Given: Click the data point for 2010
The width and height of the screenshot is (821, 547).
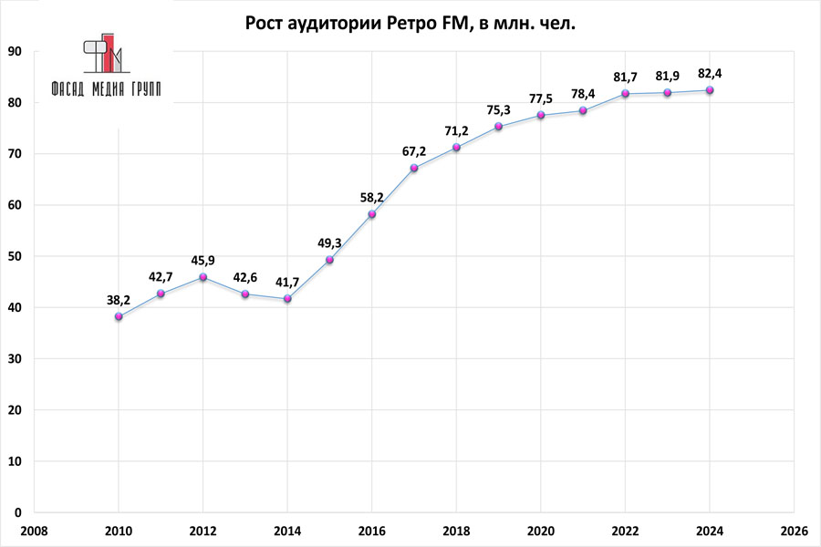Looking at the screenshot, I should click(119, 316).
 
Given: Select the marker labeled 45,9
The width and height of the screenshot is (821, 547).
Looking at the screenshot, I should click(203, 277).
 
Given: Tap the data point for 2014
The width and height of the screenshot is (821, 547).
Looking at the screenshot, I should click(287, 299).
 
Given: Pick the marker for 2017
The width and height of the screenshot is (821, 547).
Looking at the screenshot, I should click(414, 168).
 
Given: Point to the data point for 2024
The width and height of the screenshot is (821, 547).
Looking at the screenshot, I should click(710, 90).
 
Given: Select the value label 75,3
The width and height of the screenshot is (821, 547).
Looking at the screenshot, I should click(497, 110).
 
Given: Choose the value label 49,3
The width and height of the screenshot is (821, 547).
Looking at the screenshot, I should click(329, 243).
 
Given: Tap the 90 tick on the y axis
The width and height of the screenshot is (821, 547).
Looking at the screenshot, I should click(15, 52).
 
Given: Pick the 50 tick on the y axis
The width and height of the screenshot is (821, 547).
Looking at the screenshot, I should click(15, 257).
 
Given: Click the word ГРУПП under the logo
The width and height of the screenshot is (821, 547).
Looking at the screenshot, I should click(140, 90).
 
